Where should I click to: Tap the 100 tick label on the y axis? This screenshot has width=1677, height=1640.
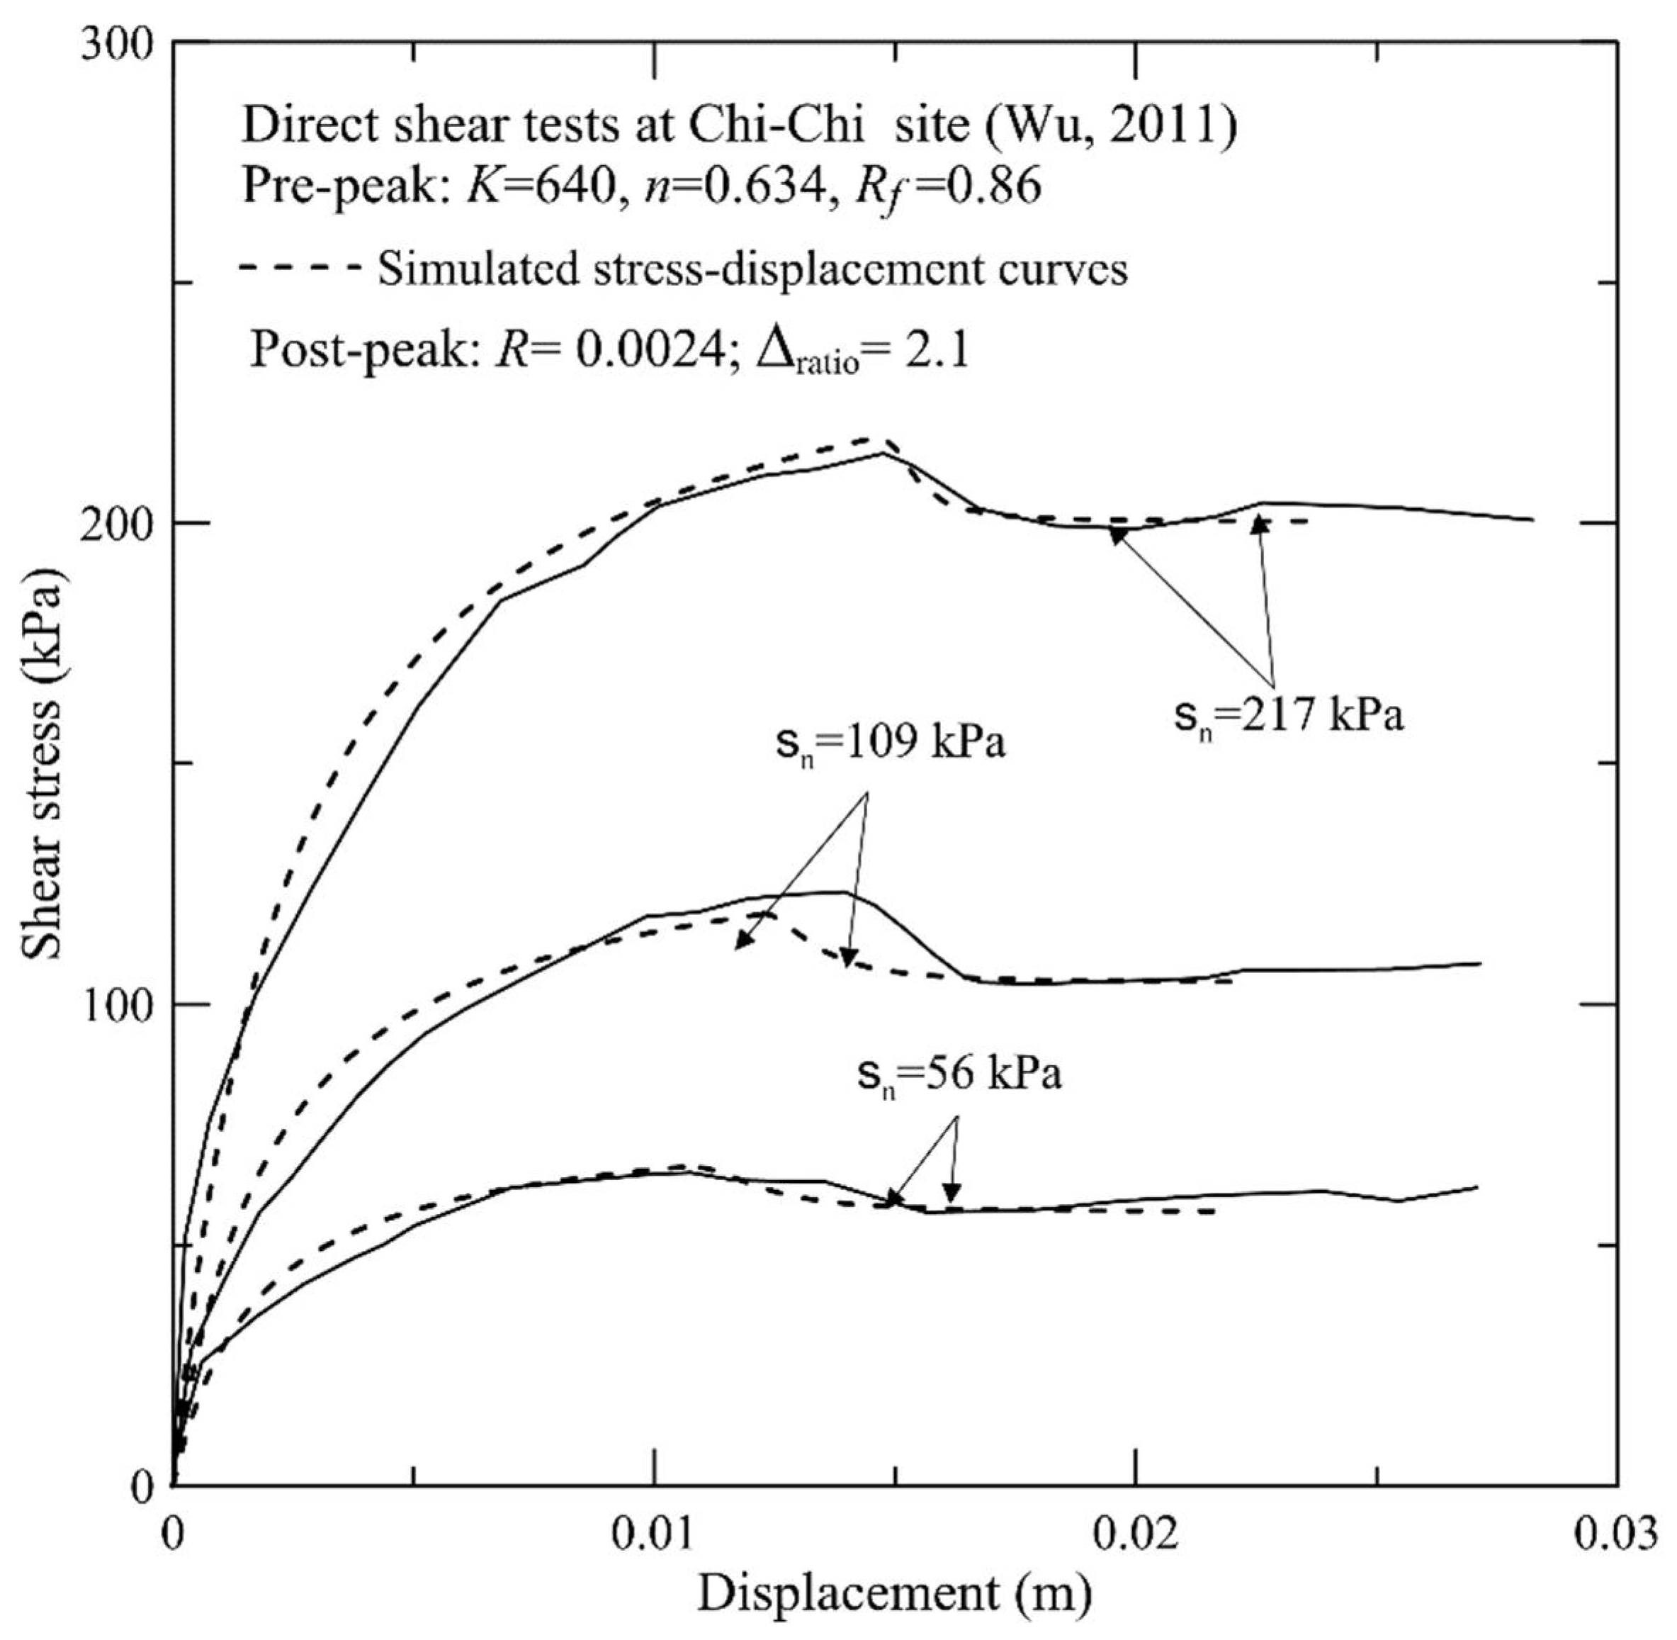tap(117, 1004)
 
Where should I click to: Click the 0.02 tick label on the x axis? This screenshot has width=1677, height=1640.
tap(1136, 1536)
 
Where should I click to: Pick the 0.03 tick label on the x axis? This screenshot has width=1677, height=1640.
tap(1616, 1536)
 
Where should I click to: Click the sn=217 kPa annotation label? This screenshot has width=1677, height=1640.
tap(1289, 714)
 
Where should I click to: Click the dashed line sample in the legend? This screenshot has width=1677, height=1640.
tap(299, 269)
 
